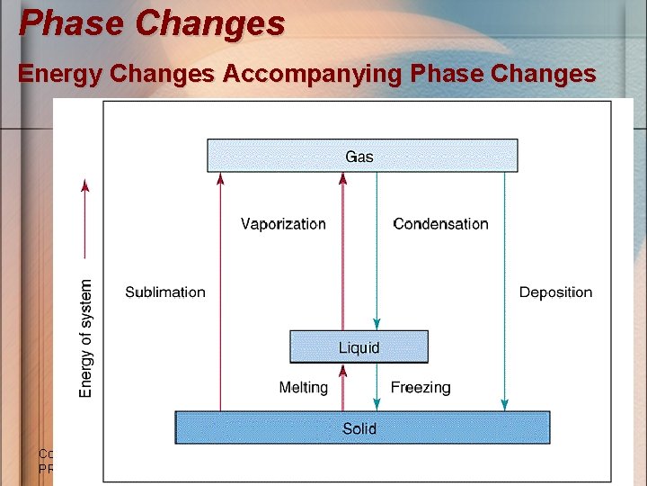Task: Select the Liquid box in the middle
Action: (359, 347)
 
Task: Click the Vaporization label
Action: (283, 224)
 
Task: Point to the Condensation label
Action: (440, 224)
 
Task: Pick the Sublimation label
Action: (165, 292)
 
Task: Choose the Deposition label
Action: (555, 292)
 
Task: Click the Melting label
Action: (303, 388)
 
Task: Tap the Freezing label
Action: (421, 388)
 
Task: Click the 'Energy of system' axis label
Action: (86, 337)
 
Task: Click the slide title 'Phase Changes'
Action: (152, 23)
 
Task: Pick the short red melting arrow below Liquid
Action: (342, 388)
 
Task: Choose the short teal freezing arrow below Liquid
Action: (377, 388)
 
